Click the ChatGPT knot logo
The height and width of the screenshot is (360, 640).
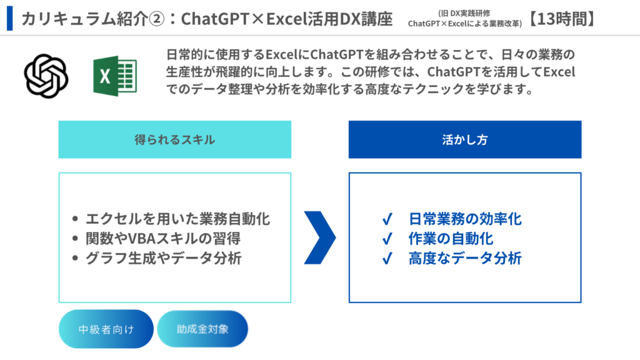click(x=46, y=76)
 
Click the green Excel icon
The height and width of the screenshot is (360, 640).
click(x=115, y=76)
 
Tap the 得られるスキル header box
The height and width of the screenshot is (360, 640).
click(x=175, y=139)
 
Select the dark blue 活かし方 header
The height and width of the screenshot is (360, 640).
click(x=465, y=139)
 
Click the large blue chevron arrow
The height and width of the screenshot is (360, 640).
click(x=320, y=237)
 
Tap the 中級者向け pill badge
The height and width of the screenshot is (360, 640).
click(x=106, y=329)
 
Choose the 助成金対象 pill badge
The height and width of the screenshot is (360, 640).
click(x=202, y=329)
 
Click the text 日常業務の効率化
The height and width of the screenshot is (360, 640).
click(x=465, y=219)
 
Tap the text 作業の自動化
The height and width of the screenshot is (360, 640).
click(x=451, y=238)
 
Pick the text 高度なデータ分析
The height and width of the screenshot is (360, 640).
click(x=465, y=258)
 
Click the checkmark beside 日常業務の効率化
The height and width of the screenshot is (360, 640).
click(x=387, y=219)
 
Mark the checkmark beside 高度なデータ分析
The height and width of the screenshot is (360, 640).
click(x=387, y=258)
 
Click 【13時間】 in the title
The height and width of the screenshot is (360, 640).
click(x=562, y=19)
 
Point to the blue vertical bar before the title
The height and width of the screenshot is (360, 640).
click(x=10, y=18)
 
